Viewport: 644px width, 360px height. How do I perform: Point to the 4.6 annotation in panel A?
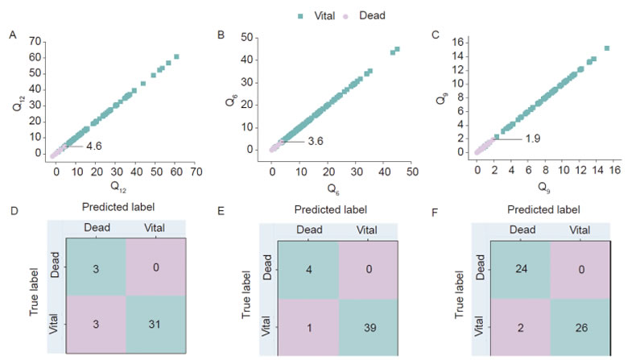tap(94, 146)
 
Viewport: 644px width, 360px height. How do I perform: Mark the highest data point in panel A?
tap(176, 56)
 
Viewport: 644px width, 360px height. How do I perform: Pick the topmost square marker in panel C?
tap(606, 48)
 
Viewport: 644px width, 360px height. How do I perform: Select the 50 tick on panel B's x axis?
tap(412, 172)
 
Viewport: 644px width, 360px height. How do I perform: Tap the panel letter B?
tap(221, 35)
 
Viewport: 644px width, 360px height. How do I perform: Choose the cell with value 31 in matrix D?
tap(156, 324)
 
